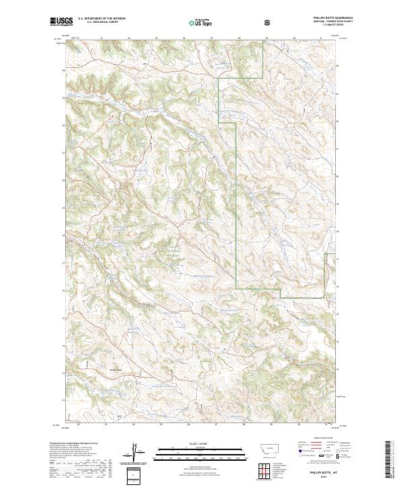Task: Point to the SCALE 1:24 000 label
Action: tap(191, 443)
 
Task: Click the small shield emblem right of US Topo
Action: tap(267, 22)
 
